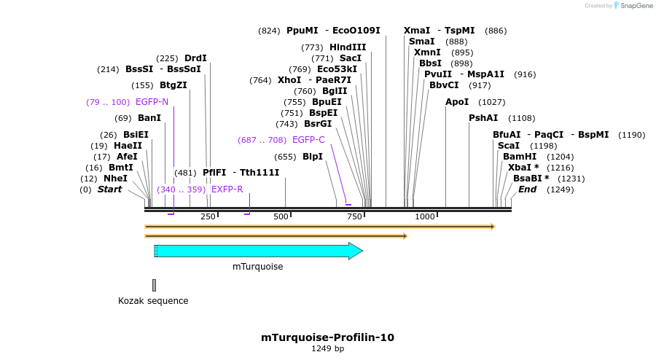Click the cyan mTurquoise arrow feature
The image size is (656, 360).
coord(259,251)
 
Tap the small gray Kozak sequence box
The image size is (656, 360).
coord(154,285)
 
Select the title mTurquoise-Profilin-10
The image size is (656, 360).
coord(327,337)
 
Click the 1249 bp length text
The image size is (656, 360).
coord(327,349)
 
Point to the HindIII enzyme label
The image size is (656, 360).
coord(348,47)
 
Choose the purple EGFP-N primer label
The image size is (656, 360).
coord(152,102)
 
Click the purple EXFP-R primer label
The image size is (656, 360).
coord(227,189)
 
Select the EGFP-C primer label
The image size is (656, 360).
coord(308,140)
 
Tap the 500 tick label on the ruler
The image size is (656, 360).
coord(281,217)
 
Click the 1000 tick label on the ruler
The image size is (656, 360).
coord(424,217)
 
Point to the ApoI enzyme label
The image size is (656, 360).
coord(457,102)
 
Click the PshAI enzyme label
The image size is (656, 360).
coord(483,118)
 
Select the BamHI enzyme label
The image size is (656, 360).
coord(520,157)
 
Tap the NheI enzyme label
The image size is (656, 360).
coord(115,179)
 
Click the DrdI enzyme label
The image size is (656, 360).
coord(195,58)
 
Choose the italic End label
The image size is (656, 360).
coord(527,189)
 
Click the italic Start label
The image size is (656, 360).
coord(109,189)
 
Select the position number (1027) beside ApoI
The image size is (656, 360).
coord(491,102)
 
